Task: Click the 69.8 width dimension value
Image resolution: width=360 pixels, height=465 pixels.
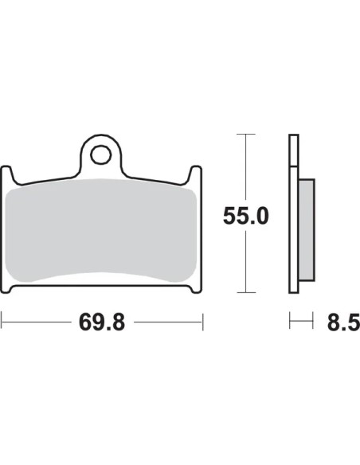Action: click(x=102, y=322)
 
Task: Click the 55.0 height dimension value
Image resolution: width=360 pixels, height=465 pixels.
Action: click(x=246, y=216)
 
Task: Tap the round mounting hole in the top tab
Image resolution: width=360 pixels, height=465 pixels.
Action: click(x=101, y=154)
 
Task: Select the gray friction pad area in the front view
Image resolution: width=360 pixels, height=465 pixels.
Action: click(x=101, y=230)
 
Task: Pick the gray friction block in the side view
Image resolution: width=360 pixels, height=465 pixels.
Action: click(x=307, y=229)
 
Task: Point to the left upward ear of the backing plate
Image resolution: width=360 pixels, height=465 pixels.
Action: click(x=7, y=174)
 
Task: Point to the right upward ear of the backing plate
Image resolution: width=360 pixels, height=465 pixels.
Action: click(x=196, y=174)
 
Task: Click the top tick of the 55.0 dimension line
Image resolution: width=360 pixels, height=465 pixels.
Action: click(x=246, y=134)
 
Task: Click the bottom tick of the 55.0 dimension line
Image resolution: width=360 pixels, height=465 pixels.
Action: click(x=246, y=292)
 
